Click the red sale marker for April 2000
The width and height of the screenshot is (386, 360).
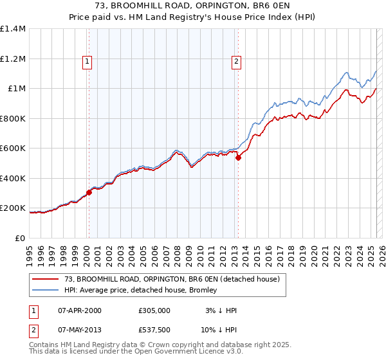pos(89,192)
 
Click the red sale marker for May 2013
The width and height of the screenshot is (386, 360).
pos(238,157)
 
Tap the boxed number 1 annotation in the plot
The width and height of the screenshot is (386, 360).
pos(86,62)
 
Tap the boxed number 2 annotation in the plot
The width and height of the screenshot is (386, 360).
pos(236,62)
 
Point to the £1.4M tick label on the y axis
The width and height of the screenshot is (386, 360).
pos(13,29)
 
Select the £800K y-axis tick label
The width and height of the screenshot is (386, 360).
pos(12,118)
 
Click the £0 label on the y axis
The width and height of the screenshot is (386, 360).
pos(20,238)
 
